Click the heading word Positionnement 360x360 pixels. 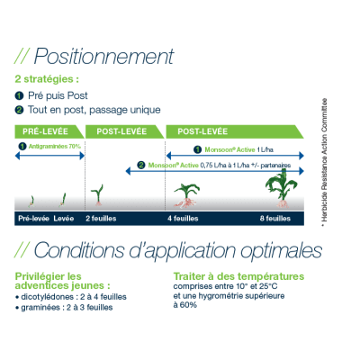tap(103, 56)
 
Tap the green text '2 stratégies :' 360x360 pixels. tap(47, 79)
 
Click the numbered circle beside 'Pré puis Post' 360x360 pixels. tap(19, 95)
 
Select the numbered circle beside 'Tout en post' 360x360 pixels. tap(19, 110)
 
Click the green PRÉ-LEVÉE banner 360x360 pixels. tap(49, 131)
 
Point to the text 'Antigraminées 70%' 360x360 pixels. tap(55, 147)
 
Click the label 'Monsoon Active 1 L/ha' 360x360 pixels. tap(238, 149)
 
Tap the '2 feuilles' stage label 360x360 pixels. tap(101, 219)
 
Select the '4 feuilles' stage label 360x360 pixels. tap(183, 219)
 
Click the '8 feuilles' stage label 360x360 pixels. tap(275, 219)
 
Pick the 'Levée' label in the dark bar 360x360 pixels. tap(64, 219)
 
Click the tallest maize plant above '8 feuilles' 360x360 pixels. tap(282, 188)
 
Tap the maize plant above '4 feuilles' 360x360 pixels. tap(186, 195)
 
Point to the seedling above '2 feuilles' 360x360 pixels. tap(97, 195)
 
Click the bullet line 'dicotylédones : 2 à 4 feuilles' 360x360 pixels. tap(71, 297)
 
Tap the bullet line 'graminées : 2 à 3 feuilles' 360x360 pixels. tap(64, 308)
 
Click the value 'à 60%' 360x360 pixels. tap(185, 305)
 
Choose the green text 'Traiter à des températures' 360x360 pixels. tap(238, 276)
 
